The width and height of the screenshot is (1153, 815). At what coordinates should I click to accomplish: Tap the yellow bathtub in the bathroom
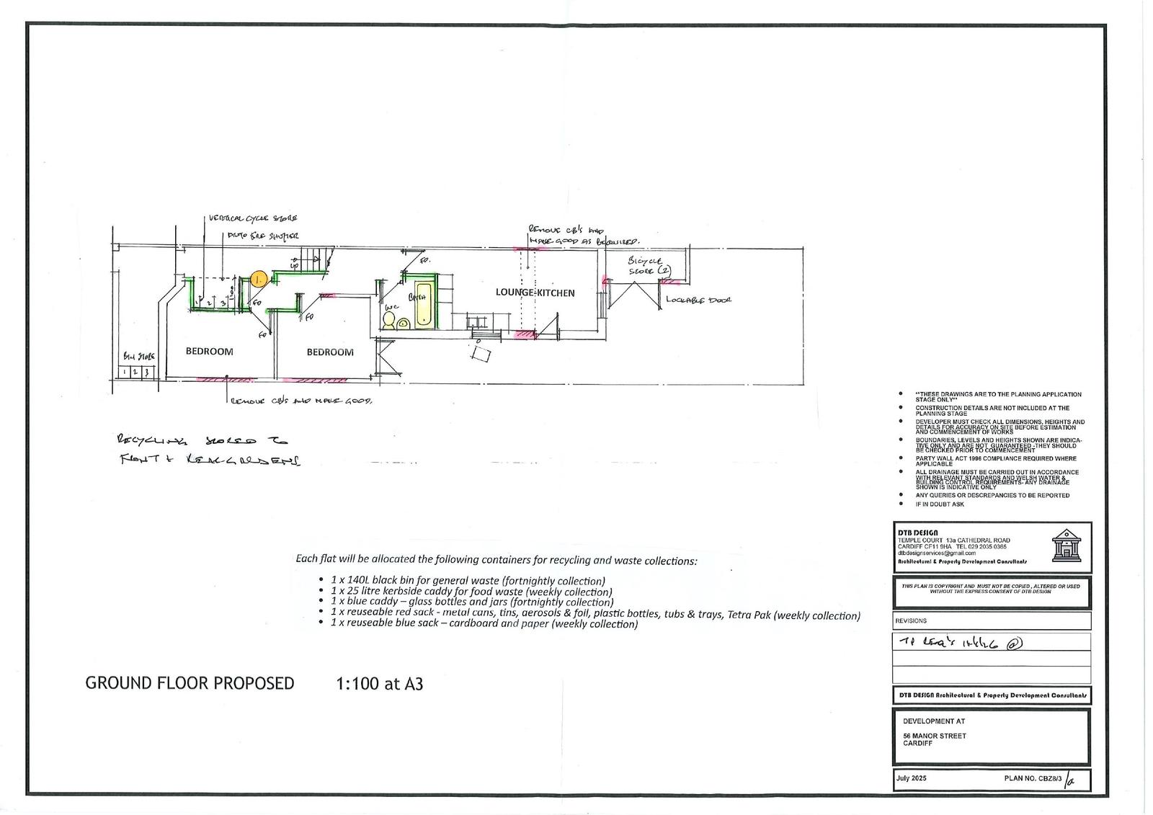[x=423, y=303]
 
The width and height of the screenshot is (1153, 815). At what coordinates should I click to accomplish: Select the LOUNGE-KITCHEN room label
[x=535, y=293]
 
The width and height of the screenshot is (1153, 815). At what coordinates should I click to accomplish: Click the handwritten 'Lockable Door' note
[x=698, y=299]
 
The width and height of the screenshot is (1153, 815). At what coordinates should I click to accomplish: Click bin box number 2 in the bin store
[x=135, y=373]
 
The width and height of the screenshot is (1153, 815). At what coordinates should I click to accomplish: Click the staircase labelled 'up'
[x=313, y=259]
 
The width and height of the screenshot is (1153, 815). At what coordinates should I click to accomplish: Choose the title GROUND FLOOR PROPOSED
[x=190, y=683]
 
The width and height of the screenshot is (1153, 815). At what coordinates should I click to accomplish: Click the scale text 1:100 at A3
[x=379, y=683]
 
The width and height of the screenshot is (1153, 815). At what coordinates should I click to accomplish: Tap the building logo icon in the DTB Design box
[x=1067, y=545]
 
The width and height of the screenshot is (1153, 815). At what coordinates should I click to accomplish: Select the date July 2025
[x=912, y=778]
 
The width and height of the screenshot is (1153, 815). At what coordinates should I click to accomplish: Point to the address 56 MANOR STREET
[x=934, y=736]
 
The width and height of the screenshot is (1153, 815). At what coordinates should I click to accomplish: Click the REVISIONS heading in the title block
[x=911, y=620]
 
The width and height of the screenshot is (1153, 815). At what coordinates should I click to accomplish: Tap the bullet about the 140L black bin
[x=468, y=580]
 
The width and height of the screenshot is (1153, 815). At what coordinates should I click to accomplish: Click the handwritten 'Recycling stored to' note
[x=202, y=440]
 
